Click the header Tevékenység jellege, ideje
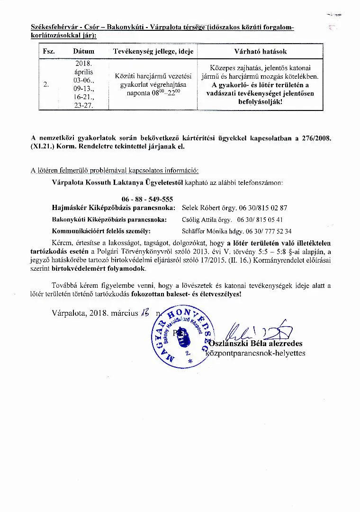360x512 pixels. (153, 51)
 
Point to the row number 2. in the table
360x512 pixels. (46, 84)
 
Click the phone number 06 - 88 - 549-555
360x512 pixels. (147, 199)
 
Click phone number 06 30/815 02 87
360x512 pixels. (266, 208)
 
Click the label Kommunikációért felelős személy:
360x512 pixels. (101, 231)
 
